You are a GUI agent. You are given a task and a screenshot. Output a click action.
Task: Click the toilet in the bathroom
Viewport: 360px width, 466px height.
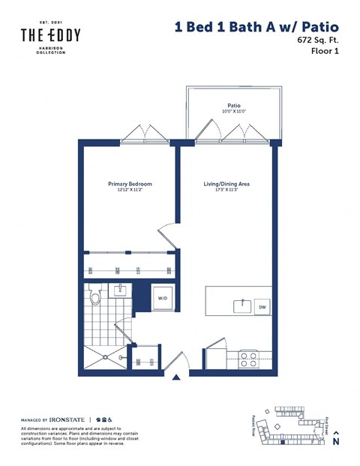[94, 299]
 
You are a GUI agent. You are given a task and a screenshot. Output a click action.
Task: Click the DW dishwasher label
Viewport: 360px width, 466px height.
[262, 307]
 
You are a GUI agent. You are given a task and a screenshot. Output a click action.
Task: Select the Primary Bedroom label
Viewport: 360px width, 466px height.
[130, 184]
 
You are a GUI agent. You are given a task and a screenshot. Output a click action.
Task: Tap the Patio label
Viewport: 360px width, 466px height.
[234, 106]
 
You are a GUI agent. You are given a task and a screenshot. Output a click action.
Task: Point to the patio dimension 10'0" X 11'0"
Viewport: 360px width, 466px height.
[234, 113]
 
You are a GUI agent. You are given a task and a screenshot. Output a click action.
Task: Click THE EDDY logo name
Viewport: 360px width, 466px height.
[50, 35]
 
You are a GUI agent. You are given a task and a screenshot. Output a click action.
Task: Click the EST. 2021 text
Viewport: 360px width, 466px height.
[50, 22]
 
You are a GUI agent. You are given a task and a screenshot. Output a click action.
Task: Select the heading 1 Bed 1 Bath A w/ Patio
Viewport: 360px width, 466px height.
[256, 26]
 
